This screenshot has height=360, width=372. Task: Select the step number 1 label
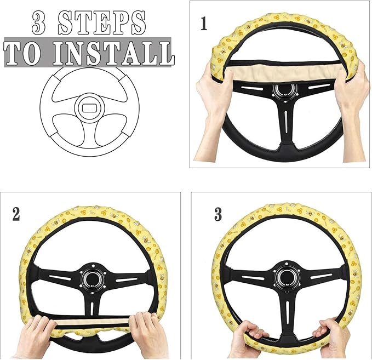tap(204, 25)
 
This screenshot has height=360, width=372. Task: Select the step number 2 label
tap(16, 214)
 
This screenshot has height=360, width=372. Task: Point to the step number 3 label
tap(218, 214)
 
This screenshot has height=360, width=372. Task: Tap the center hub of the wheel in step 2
tap(91, 278)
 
